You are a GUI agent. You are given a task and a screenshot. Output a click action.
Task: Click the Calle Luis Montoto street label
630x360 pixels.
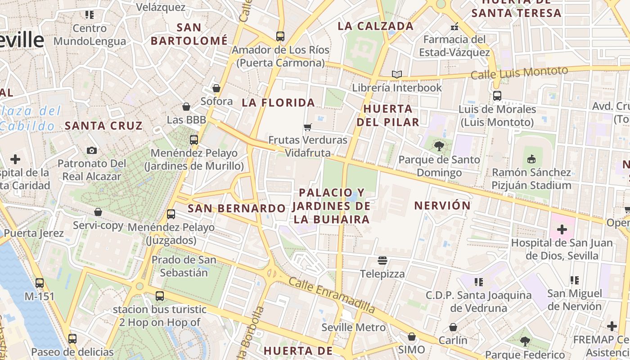tap(519, 72)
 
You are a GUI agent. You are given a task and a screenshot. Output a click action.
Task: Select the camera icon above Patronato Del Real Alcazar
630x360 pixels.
tap(92, 150)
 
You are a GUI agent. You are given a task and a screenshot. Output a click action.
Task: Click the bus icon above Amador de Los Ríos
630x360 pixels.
tap(280, 36)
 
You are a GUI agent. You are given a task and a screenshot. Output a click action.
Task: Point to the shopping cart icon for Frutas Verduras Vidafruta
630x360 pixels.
tap(308, 127)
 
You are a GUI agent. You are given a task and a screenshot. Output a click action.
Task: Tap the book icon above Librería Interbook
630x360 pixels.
tap(396, 74)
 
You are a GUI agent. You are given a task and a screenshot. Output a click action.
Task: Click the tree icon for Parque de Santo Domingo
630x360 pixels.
tap(439, 146)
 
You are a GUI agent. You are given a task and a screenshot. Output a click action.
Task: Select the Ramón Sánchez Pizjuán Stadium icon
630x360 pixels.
tap(531, 159)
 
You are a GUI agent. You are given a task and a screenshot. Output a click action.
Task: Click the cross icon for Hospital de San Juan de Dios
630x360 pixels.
tap(562, 229)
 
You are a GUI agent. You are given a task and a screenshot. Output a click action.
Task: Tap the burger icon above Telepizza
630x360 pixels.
tap(382, 261)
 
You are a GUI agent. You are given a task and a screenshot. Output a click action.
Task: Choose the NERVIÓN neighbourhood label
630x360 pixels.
tap(442, 206)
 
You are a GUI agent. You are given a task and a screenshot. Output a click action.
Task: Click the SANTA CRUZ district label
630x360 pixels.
tap(103, 126)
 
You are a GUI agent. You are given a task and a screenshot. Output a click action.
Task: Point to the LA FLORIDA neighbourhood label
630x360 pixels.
tap(278, 103)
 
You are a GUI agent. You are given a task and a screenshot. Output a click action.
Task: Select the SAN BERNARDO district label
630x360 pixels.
tap(236, 208)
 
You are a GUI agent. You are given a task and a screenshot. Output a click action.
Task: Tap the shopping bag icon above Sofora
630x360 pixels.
tap(216, 88)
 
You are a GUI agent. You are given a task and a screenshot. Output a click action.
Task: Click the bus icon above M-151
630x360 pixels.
tap(40, 283)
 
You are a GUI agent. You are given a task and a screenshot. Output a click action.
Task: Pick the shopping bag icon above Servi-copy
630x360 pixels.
tap(98, 212)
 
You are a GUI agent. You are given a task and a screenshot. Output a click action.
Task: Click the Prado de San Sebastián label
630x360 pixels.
tap(184, 266)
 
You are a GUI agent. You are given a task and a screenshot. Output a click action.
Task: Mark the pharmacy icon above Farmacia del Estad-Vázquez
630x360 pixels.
tap(454, 26)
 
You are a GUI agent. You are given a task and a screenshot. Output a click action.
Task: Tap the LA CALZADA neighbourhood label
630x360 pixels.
tap(375, 26)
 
